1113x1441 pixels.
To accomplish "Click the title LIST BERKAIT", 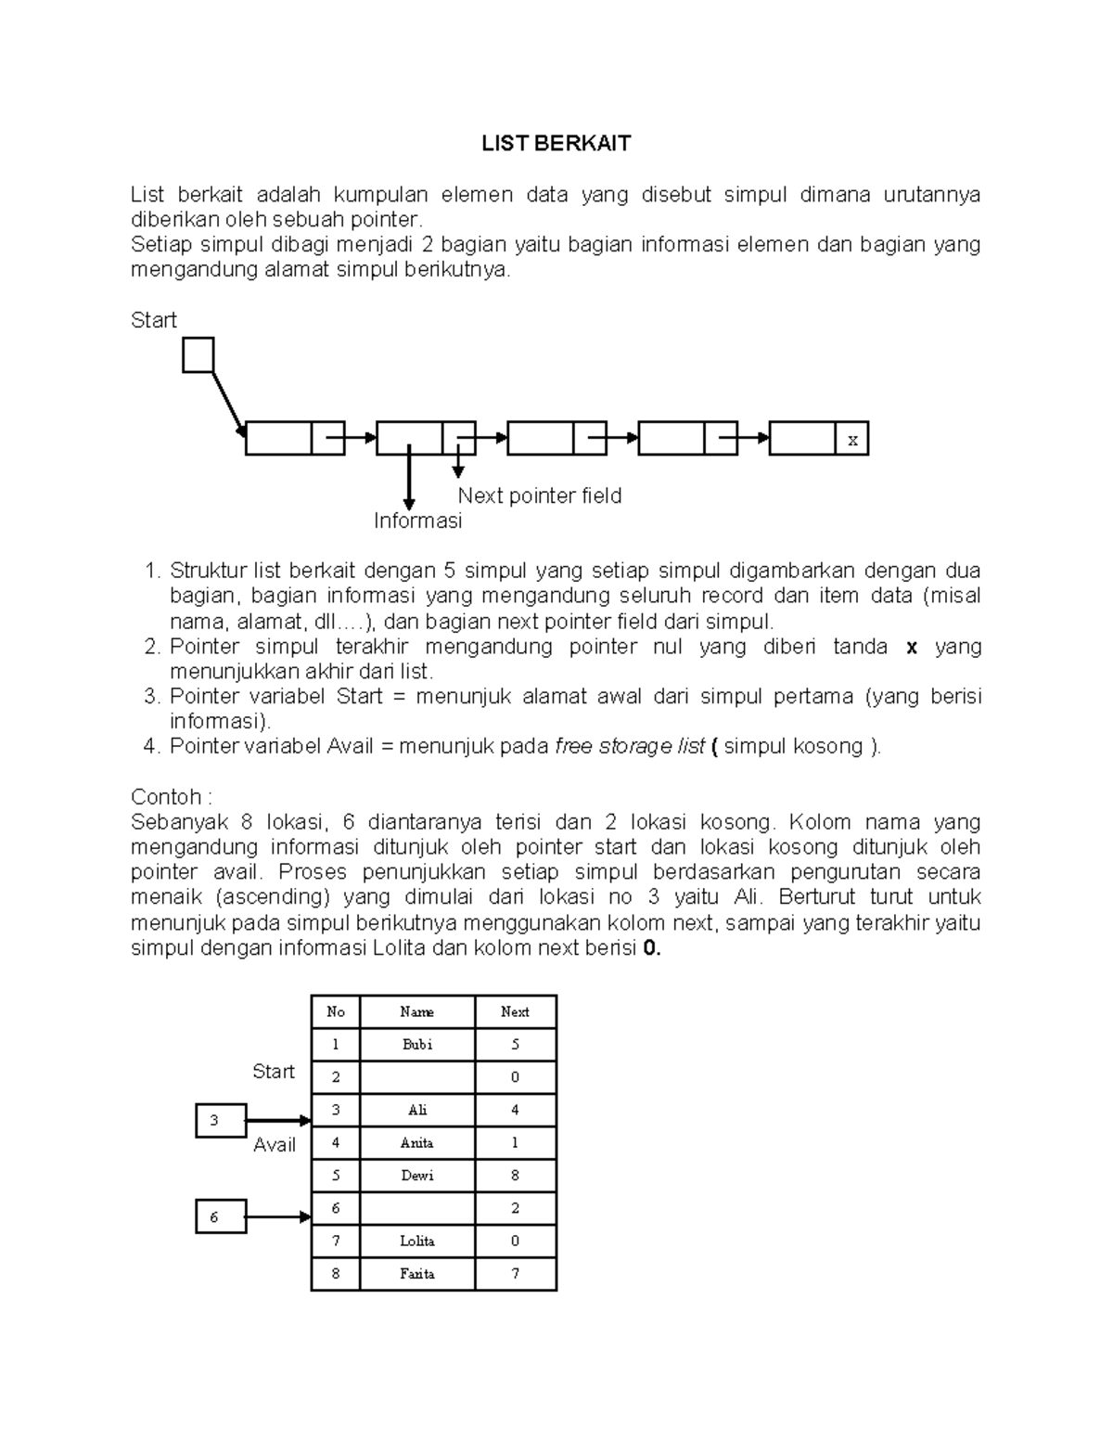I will [556, 143].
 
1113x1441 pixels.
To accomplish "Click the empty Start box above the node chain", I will [198, 354].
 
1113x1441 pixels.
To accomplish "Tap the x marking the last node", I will [852, 440].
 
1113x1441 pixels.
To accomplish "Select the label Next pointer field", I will [539, 495].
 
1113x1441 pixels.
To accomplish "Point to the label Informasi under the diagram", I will [417, 521].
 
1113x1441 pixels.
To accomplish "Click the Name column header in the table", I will [416, 1011].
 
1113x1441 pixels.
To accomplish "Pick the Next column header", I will [515, 1011].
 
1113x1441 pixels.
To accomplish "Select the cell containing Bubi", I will [416, 1044].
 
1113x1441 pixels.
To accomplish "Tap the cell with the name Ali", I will [416, 1110].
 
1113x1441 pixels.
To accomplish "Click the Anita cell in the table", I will [416, 1142].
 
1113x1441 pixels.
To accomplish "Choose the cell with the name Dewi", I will [416, 1175].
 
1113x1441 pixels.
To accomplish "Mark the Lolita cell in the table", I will [416, 1241].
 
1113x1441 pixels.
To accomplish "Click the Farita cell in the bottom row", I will [416, 1273].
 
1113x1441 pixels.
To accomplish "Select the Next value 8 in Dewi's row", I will [515, 1175].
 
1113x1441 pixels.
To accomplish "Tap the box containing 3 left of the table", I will [221, 1120].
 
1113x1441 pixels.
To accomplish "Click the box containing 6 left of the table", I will [221, 1216].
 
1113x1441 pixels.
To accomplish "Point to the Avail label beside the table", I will [275, 1145].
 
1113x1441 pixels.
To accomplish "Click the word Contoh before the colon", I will [166, 797].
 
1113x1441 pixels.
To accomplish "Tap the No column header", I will [335, 1011].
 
